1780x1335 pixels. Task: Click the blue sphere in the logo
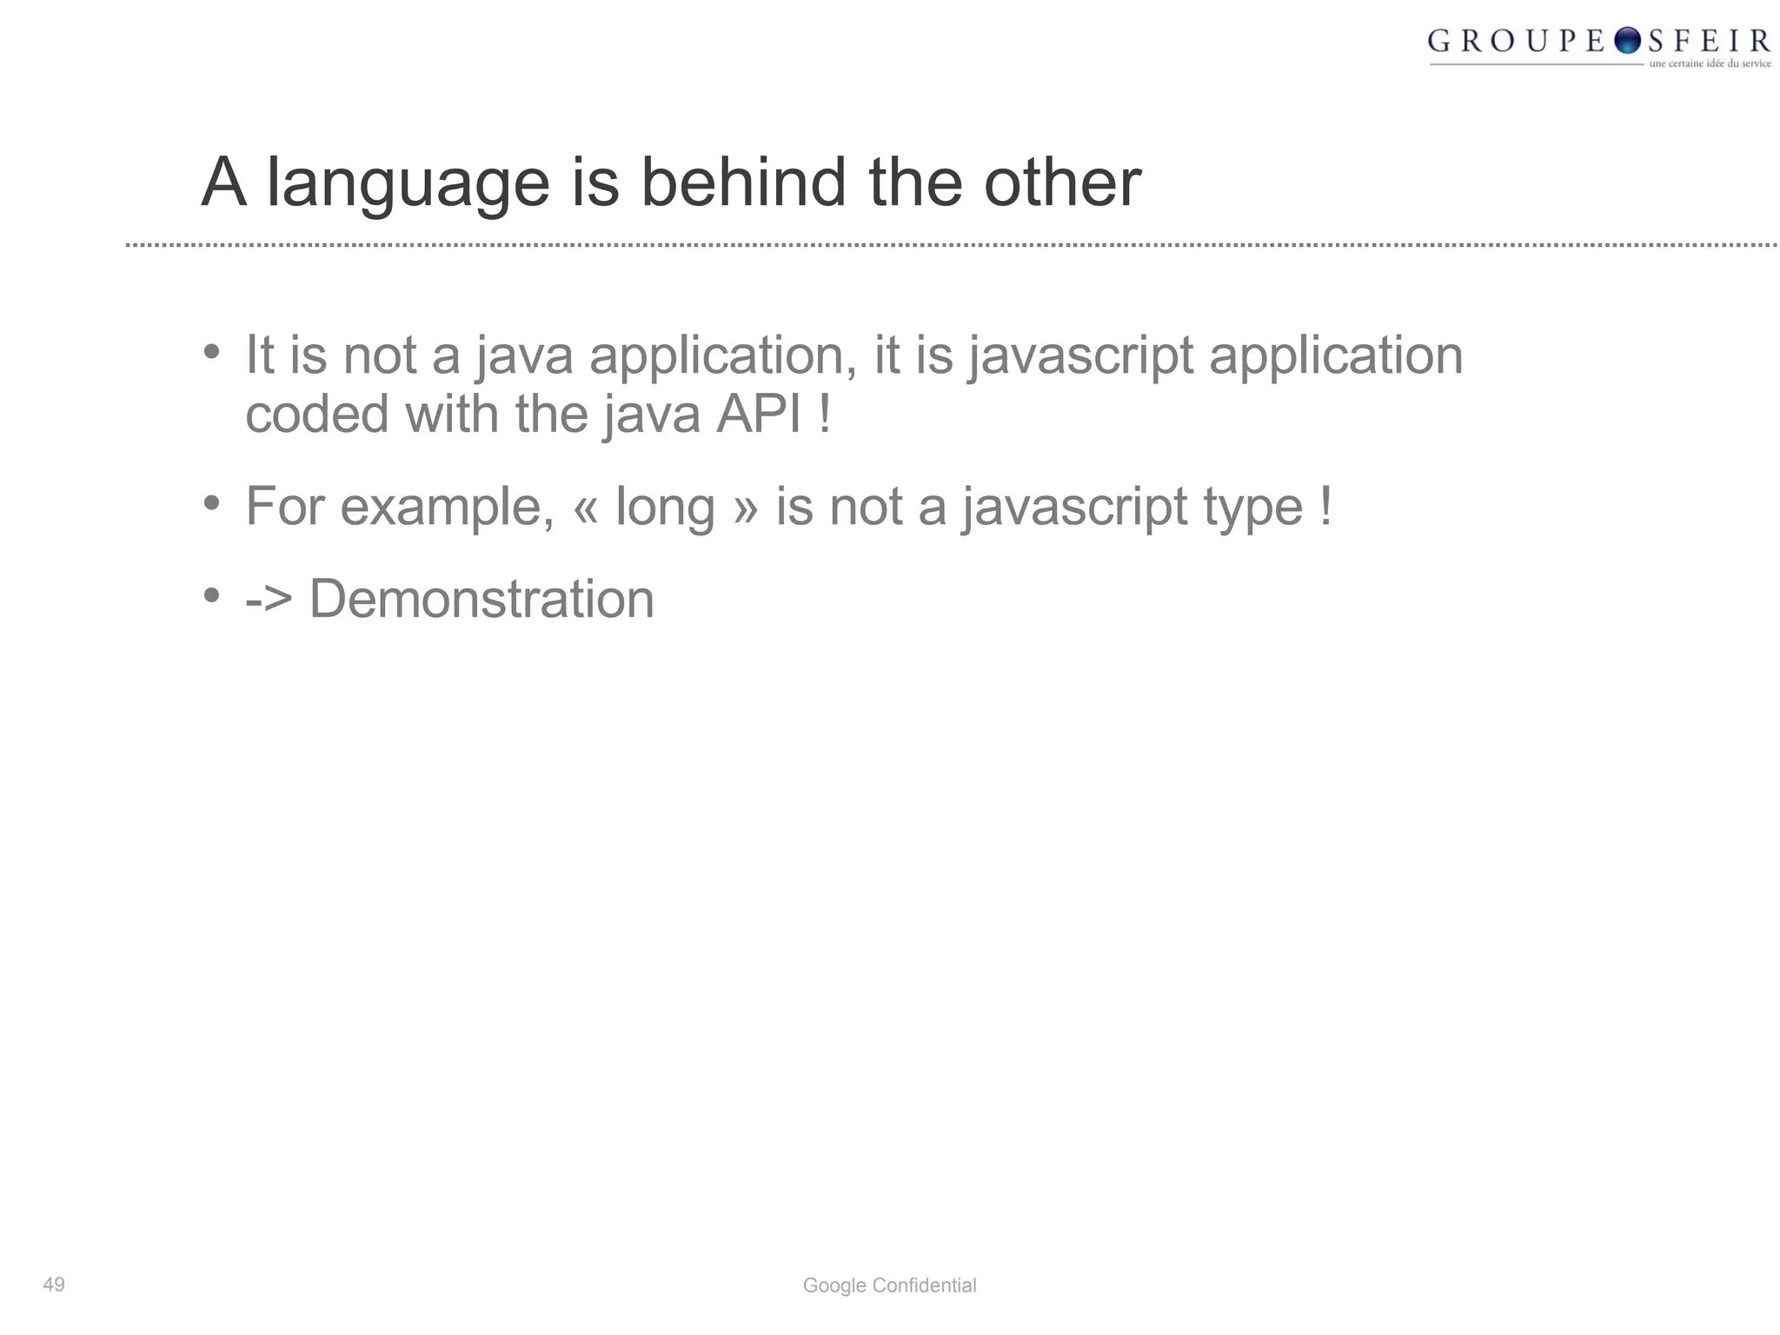(1627, 40)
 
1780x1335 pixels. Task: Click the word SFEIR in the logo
(1709, 41)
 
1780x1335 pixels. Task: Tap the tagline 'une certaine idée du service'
(1710, 63)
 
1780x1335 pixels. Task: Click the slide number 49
(54, 1285)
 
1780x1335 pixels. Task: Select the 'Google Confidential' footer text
(889, 1285)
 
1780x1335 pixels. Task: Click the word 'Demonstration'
(482, 599)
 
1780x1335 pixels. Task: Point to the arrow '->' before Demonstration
(269, 599)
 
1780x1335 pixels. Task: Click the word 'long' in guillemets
(665, 507)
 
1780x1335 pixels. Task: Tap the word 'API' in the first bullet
(758, 414)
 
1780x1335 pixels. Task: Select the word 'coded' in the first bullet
(316, 414)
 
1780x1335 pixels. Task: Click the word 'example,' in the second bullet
(447, 507)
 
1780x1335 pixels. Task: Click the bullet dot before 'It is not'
(211, 352)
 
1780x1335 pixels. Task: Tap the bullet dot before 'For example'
(211, 503)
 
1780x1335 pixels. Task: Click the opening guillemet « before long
(585, 508)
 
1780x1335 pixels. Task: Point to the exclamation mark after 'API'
(825, 414)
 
